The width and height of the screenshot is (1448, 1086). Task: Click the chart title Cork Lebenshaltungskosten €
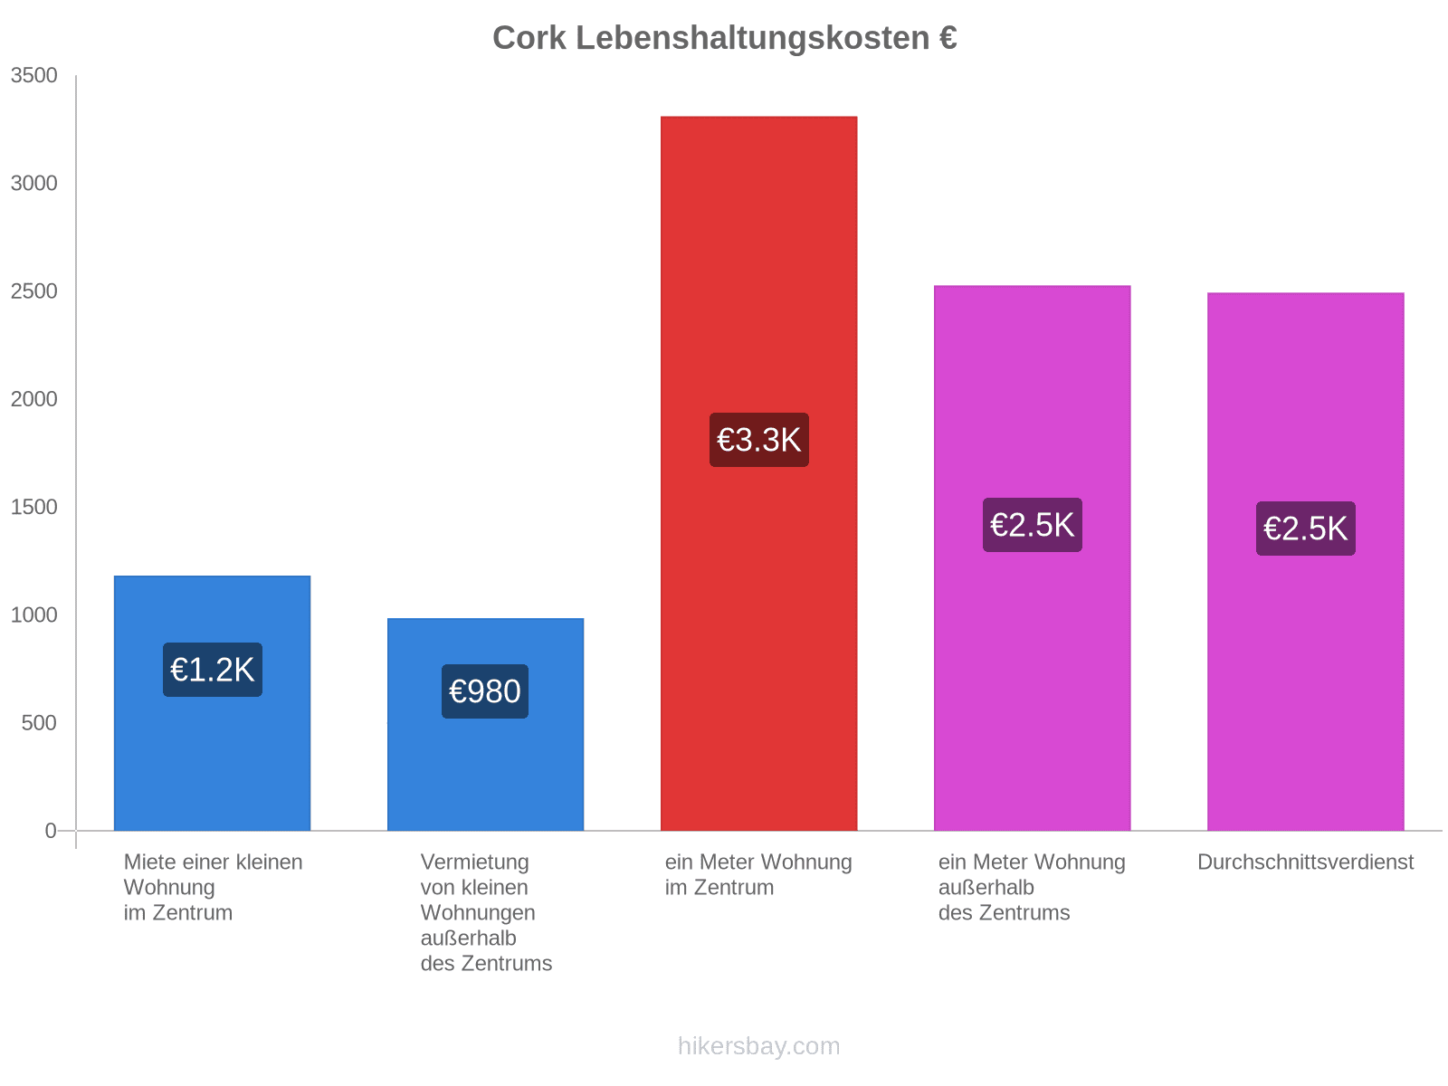[x=724, y=38]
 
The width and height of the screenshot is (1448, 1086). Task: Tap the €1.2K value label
[x=212, y=669]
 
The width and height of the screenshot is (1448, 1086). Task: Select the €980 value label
[x=484, y=691]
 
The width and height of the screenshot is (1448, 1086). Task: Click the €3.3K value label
[x=758, y=439]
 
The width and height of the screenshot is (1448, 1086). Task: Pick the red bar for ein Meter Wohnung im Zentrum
[x=758, y=472]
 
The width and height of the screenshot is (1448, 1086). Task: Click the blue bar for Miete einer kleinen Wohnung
[x=212, y=702]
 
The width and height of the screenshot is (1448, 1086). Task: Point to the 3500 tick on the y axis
[x=33, y=75]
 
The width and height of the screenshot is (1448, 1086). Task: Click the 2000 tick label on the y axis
[x=33, y=398]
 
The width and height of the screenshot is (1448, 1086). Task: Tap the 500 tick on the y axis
[x=39, y=722]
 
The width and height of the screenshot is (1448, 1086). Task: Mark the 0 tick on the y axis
[x=50, y=830]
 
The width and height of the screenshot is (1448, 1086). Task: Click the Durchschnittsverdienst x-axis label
[x=1305, y=862]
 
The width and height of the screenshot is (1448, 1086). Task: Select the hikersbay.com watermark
[x=758, y=1045]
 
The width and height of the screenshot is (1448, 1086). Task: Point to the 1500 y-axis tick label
[x=33, y=507]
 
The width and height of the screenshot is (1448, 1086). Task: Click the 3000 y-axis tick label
[x=33, y=183]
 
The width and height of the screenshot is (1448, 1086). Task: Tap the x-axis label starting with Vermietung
[x=485, y=912]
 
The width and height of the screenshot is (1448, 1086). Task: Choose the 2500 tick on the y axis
[x=33, y=291]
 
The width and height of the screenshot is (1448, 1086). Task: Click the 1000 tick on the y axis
[x=33, y=614]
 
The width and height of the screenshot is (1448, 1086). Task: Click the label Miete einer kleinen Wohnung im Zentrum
[x=213, y=887]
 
